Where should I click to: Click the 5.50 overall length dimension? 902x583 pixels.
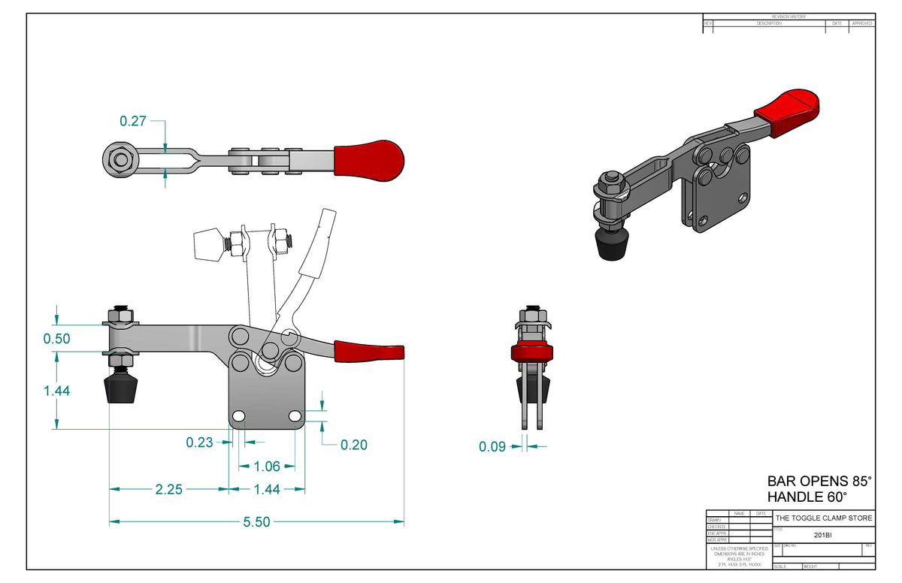257,521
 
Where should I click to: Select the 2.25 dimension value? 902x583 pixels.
170,489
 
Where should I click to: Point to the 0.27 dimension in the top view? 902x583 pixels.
132,120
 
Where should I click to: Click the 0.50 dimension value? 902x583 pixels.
56,339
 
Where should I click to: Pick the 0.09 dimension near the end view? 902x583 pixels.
492,447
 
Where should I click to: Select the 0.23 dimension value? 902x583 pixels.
200,443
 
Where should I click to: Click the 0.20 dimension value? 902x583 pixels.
353,445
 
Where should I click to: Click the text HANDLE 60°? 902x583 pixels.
807,497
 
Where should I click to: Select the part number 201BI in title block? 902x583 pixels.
823,536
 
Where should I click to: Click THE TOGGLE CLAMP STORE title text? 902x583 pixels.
824,518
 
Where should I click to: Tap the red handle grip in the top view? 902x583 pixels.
368,159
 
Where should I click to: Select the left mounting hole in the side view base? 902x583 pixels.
239,416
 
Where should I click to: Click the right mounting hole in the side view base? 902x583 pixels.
295,416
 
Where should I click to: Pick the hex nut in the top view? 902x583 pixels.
120,159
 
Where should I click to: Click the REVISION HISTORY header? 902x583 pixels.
788,17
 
